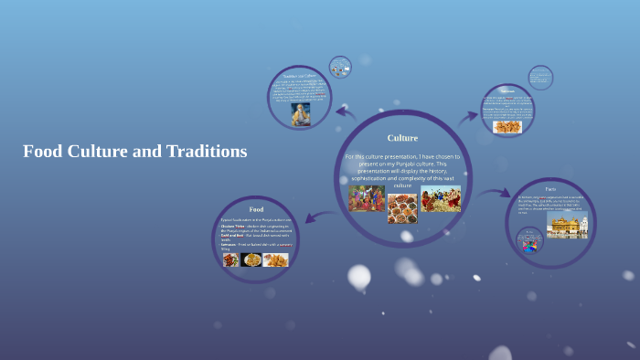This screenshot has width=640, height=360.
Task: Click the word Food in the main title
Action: pyautogui.click(x=42, y=152)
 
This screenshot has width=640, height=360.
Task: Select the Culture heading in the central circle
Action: pyautogui.click(x=402, y=138)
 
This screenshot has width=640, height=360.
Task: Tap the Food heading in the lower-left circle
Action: pyautogui.click(x=256, y=209)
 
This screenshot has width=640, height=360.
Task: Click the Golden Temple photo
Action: pyautogui.click(x=567, y=226)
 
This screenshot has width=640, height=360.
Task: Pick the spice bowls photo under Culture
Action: pyautogui.click(x=402, y=207)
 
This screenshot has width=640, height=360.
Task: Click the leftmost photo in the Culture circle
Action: pyautogui.click(x=367, y=198)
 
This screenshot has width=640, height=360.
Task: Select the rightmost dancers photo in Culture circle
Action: pyautogui.click(x=441, y=198)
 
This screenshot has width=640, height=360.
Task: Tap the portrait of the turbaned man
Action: pyautogui.click(x=299, y=114)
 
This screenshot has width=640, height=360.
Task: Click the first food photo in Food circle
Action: pyautogui.click(x=230, y=259)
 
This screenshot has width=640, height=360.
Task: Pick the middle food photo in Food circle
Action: pyautogui.click(x=251, y=259)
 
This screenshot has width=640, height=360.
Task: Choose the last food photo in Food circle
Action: pyautogui.click(x=275, y=259)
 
